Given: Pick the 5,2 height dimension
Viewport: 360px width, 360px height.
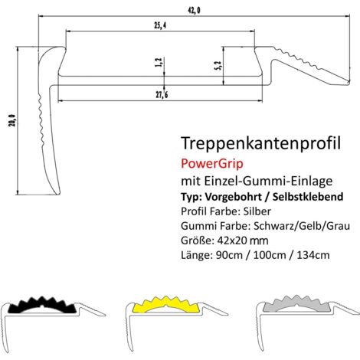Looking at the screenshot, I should pyautogui.click(x=218, y=66).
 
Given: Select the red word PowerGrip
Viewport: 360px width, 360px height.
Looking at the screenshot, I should pyautogui.click(x=209, y=162).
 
